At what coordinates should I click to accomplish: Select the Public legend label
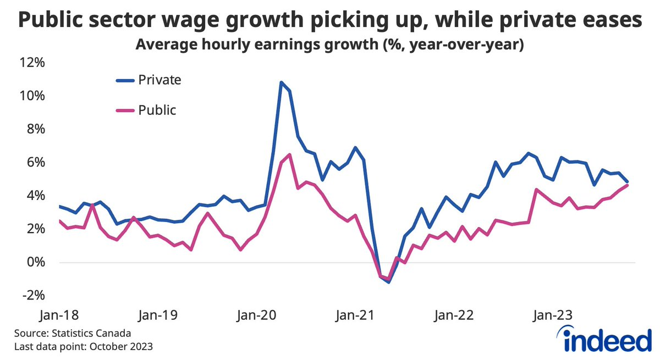[157, 109]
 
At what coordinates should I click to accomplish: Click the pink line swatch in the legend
[125, 110]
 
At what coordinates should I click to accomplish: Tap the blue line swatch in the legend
[125, 80]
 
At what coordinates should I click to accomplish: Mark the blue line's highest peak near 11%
[281, 82]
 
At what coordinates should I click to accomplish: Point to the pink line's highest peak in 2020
[289, 154]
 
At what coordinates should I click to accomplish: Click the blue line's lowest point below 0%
[389, 281]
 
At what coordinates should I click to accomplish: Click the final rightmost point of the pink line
[628, 185]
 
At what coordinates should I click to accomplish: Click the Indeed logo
[603, 339]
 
